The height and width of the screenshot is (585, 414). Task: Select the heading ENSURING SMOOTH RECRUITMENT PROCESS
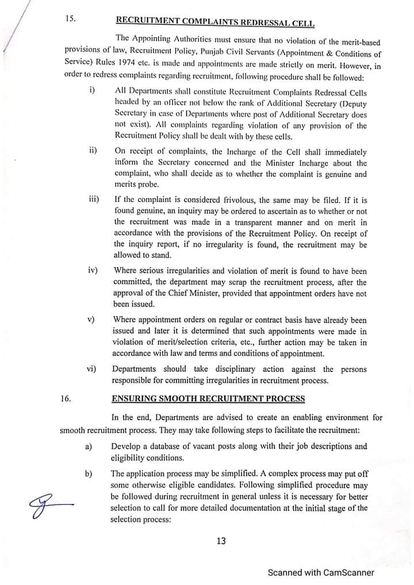pos(208,399)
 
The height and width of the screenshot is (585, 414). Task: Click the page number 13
pos(221,540)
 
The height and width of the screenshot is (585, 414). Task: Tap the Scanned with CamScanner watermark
pos(321,572)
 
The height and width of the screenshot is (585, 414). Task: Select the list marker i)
pos(92,90)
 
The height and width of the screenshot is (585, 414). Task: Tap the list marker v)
pos(91,319)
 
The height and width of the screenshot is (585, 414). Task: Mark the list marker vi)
pos(91,369)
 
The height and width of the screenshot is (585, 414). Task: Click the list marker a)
pos(89,446)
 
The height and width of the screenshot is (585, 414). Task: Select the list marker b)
pos(89,474)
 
